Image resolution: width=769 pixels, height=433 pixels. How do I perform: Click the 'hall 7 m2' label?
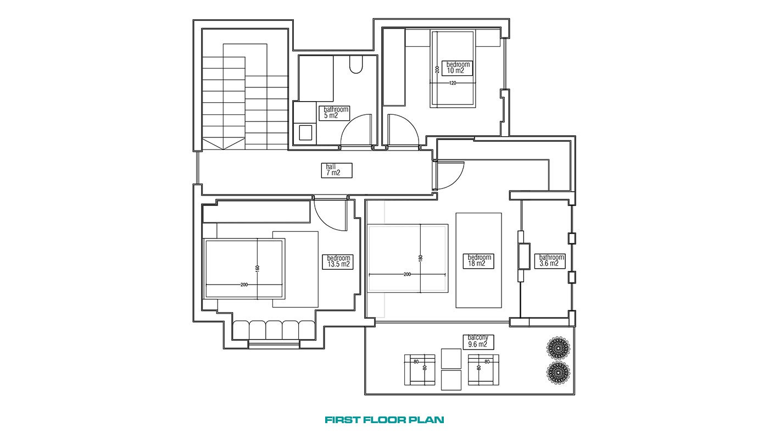(x=336, y=170)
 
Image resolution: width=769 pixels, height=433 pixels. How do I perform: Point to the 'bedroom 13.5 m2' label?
(x=338, y=262)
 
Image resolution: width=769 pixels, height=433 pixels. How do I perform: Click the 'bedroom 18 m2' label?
(x=478, y=260)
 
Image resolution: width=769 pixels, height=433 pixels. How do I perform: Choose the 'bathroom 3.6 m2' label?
(x=550, y=260)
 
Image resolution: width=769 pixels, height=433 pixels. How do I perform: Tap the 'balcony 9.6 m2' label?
(x=478, y=342)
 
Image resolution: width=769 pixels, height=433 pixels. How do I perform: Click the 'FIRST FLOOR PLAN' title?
(x=384, y=420)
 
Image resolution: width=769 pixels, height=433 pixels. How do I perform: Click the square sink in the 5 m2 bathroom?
(x=305, y=132)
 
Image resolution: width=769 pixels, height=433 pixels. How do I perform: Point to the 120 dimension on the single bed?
(x=453, y=83)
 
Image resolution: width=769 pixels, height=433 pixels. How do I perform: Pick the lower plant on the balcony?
(x=558, y=373)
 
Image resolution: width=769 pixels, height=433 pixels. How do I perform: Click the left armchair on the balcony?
(x=420, y=370)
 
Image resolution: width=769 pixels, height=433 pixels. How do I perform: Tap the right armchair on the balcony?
(x=483, y=370)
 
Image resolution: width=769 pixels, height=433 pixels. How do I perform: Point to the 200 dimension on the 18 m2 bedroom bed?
(x=407, y=274)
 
